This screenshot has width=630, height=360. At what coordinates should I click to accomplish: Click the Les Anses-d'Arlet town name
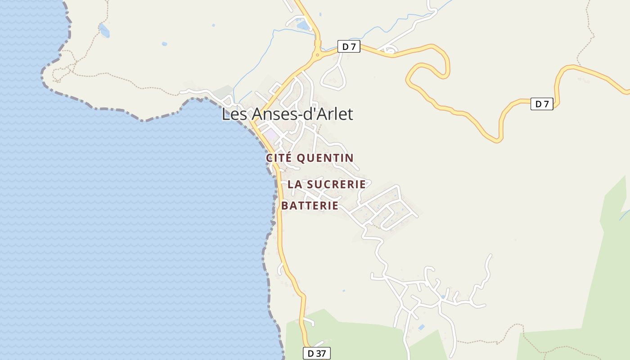[287, 114]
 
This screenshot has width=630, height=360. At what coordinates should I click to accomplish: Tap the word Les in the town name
[234, 114]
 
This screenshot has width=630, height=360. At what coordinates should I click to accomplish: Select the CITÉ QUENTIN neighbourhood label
[310, 158]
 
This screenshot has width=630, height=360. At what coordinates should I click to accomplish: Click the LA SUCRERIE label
[326, 184]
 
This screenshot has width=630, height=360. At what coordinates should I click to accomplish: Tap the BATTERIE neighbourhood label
[310, 206]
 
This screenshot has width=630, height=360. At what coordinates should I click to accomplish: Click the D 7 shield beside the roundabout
[349, 46]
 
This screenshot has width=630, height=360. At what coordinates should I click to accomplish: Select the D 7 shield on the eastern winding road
[542, 104]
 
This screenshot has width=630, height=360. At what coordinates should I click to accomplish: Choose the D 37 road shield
[316, 353]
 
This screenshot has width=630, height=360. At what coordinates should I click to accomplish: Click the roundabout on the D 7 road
[318, 55]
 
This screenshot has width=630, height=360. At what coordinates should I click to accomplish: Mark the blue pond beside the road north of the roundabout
[303, 25]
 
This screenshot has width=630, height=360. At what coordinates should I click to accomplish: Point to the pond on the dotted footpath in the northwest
[104, 31]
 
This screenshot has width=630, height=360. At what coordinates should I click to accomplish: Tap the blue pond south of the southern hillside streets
[422, 327]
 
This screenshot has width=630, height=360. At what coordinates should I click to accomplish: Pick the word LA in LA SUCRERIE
[294, 184]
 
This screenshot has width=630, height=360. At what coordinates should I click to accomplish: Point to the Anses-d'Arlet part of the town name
[302, 114]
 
